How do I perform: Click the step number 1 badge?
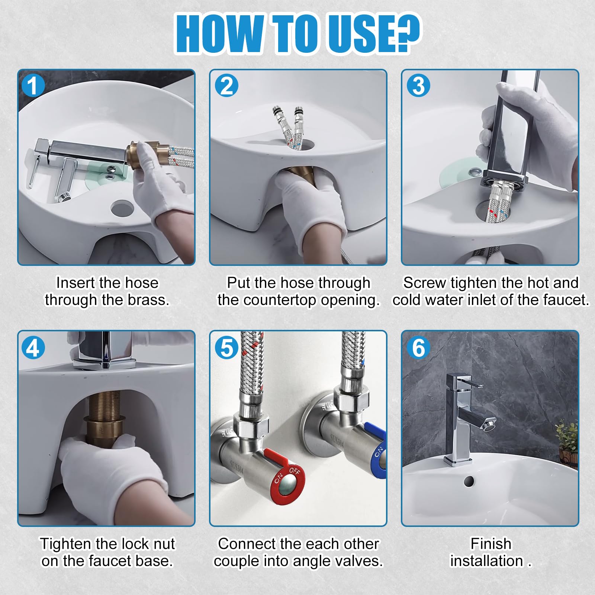tap(33, 86)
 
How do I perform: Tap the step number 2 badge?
tap(226, 86)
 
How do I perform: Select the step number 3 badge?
tap(418, 86)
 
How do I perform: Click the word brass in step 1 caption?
tap(148, 300)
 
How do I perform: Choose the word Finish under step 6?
tap(491, 544)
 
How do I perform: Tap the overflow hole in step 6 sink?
tap(469, 481)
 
